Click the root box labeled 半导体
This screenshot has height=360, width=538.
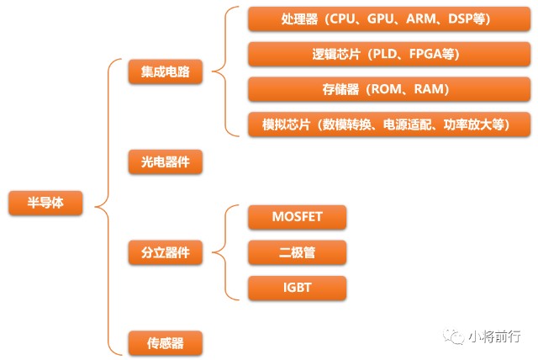45,203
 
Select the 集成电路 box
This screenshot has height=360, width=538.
166,71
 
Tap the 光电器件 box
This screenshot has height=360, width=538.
166,160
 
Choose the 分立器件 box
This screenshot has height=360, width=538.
166,251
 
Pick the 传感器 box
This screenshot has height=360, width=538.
166,341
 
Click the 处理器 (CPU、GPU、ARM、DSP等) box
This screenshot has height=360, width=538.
389,18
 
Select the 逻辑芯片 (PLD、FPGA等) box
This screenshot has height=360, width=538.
389,54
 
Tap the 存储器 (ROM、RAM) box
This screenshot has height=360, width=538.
389,89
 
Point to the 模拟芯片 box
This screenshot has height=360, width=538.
389,124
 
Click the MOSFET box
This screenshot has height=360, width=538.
297,216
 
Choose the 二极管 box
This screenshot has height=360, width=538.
297,251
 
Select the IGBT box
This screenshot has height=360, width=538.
297,287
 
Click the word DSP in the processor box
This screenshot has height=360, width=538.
464,18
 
